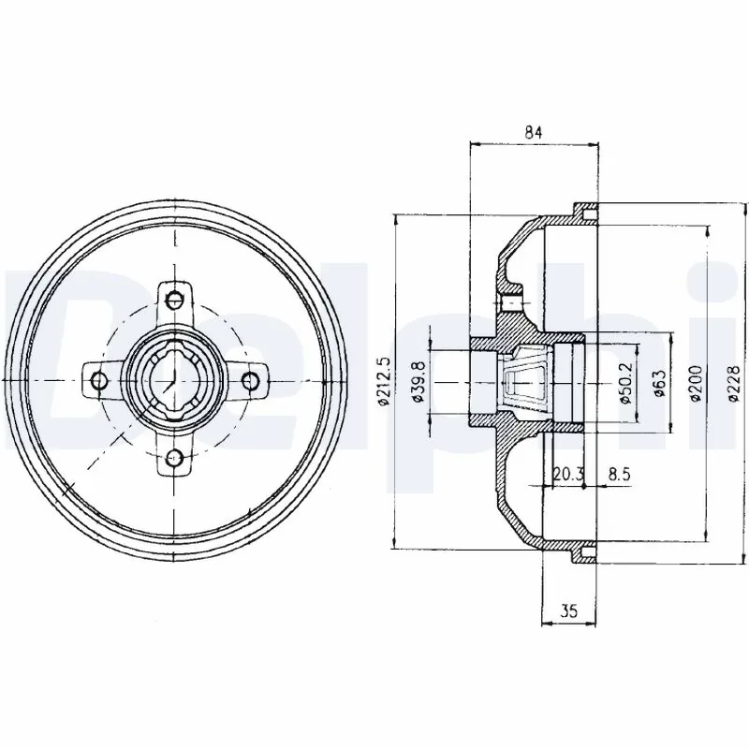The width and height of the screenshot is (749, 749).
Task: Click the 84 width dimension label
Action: (534, 132)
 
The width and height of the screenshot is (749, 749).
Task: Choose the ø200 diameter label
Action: (696, 382)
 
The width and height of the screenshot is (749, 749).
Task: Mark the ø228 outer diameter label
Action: (732, 382)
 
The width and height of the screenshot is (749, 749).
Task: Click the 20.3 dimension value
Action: (565, 476)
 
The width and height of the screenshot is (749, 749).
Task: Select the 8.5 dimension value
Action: (618, 476)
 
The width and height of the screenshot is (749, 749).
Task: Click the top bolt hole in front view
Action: (174, 301)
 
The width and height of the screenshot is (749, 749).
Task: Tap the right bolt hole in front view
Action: (251, 379)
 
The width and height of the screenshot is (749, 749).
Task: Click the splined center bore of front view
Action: (174, 379)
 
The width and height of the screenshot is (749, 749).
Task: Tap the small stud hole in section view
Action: (510, 305)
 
